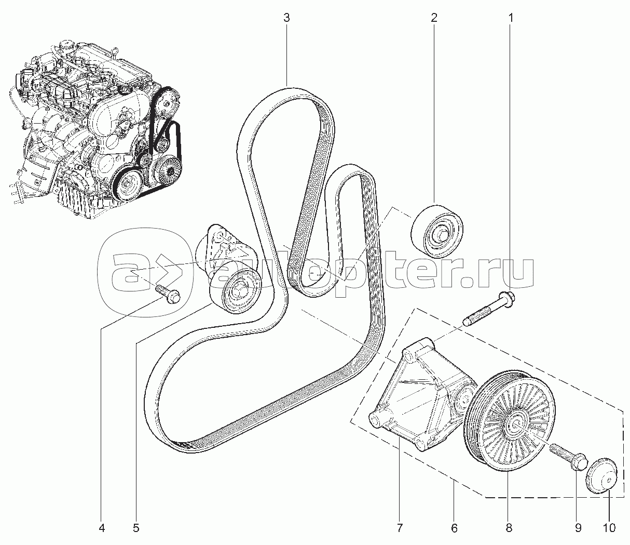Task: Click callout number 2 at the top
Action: click(x=434, y=18)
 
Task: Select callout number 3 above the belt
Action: click(x=286, y=18)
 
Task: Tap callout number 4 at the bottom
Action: click(x=102, y=528)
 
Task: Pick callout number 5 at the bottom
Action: click(x=136, y=528)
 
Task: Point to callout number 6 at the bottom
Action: click(x=455, y=528)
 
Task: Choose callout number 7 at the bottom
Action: click(x=399, y=528)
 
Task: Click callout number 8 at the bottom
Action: click(x=509, y=528)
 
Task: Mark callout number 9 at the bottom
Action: click(x=578, y=528)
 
